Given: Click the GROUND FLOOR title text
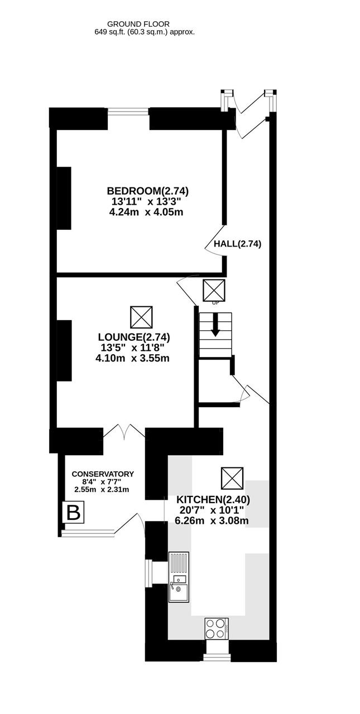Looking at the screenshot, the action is [138, 24].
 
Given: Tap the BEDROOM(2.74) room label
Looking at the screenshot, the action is [148, 191].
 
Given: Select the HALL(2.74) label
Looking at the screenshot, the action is [237, 244].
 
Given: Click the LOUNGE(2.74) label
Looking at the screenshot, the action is [134, 337].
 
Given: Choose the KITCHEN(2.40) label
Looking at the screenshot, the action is [213, 499].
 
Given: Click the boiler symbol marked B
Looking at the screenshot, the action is [73, 512].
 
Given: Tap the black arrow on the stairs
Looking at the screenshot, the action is [215, 325].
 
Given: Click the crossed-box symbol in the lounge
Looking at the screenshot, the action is [141, 317].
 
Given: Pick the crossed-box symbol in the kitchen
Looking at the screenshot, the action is [232, 478].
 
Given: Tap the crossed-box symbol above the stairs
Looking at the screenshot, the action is [214, 291].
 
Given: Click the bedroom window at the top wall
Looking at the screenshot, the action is [128, 112].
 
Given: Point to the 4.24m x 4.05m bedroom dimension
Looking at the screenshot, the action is [146, 212].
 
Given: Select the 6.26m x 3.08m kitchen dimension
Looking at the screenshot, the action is [212, 520].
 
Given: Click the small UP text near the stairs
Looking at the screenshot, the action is [215, 303].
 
